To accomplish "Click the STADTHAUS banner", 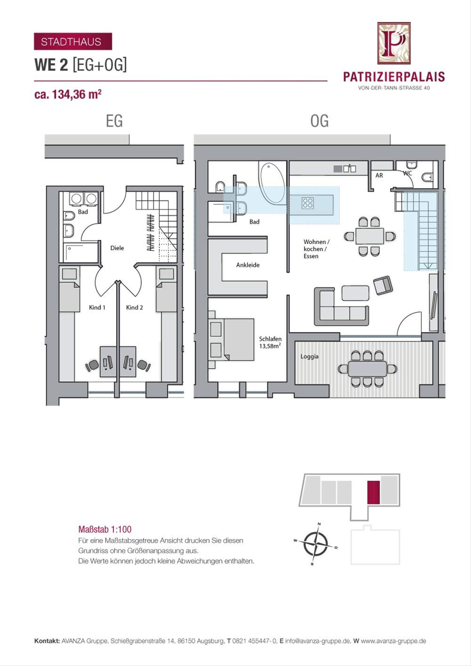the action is tap(73, 41).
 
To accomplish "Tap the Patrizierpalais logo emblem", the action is tap(394, 43).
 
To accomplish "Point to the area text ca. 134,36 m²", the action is tap(68, 95).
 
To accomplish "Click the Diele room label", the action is tap(117, 248).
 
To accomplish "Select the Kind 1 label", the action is tap(97, 307).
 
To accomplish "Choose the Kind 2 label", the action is tap(134, 307).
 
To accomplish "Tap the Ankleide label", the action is tap(248, 265).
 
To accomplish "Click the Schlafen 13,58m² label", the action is tap(270, 342).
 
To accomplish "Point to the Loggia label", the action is tap(309, 356).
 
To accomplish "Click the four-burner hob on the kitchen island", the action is tap(307, 203).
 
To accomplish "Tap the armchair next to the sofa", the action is tap(383, 285).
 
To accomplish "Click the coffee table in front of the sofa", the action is tap(355, 293).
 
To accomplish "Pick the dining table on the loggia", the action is tap(367, 369).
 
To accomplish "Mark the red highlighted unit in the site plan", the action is tap(374, 493).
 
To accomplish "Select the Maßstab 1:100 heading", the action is tap(105, 529).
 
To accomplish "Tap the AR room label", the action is tap(379, 175).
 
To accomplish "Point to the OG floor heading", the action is tap(319, 121).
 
